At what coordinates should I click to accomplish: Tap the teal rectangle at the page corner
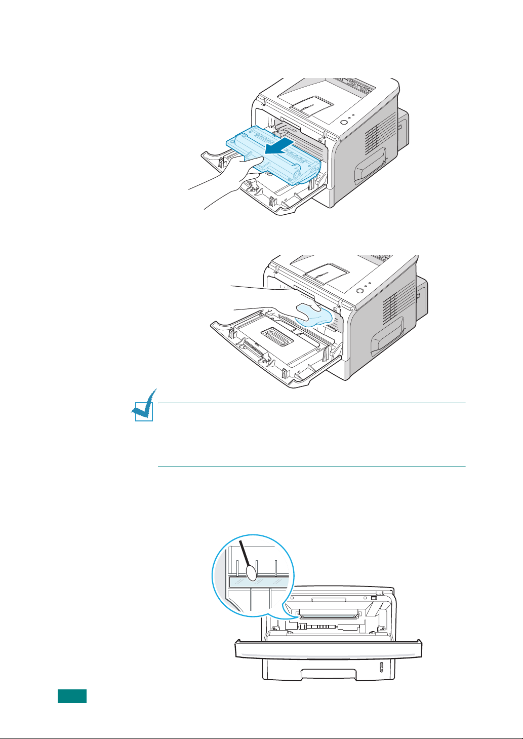(71, 696)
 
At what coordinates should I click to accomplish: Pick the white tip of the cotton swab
(252, 572)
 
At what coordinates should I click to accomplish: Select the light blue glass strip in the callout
(258, 582)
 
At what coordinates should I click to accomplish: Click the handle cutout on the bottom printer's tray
(329, 674)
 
